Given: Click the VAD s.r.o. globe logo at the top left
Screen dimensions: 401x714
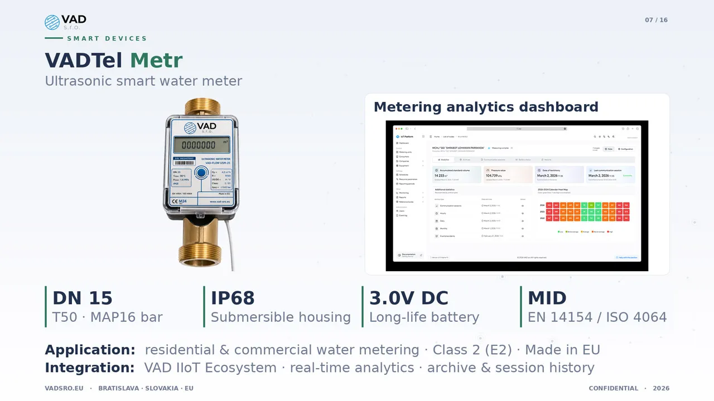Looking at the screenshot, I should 52,22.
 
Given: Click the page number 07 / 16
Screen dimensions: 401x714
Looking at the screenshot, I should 656,20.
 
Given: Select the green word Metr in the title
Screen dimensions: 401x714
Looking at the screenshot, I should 156,60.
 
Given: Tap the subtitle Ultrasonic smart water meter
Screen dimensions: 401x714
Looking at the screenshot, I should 143,81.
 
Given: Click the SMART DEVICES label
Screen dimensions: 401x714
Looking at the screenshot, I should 107,38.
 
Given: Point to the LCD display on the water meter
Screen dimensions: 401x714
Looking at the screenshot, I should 201,145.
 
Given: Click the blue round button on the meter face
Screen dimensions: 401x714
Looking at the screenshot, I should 201,173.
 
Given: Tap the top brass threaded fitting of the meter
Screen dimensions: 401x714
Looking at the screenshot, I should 202,106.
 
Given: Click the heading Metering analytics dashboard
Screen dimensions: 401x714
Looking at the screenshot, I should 485,107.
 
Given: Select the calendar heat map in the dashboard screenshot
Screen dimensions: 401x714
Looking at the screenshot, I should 584,212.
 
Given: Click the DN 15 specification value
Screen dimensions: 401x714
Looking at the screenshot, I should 83,298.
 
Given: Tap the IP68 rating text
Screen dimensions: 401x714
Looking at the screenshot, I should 233,298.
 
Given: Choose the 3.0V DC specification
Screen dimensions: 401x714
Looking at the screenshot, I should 408,298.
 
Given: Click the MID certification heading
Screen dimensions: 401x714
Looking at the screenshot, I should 547,298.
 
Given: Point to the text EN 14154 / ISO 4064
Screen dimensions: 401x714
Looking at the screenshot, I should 597,317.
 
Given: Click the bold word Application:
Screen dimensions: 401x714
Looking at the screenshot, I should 90,350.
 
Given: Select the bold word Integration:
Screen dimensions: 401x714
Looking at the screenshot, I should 89,368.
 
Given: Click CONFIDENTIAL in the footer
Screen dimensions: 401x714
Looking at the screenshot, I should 613,388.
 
